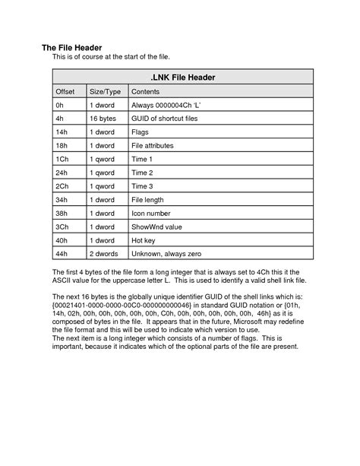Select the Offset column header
tap(66, 90)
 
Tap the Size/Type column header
tap(106, 90)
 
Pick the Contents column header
tap(147, 90)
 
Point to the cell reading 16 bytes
tap(104, 119)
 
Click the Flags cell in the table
tap(142, 132)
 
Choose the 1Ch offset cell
tap(62, 159)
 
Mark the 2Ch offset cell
tap(62, 186)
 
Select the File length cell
tap(148, 200)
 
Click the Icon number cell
tap(152, 214)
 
